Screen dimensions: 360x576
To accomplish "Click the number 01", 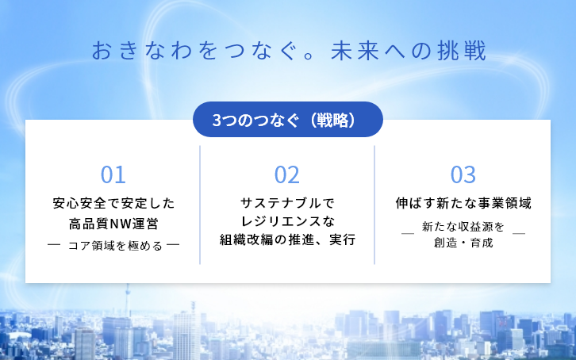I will pyautogui.click(x=113, y=174).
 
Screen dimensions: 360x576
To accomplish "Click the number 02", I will pyautogui.click(x=286, y=174).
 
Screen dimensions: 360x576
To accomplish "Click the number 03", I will pyautogui.click(x=463, y=174).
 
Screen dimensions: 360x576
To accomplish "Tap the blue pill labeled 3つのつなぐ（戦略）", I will pyautogui.click(x=288, y=120).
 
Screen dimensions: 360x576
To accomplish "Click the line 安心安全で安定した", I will pyautogui.click(x=113, y=203).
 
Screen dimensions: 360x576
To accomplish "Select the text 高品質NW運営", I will pyautogui.click(x=113, y=223).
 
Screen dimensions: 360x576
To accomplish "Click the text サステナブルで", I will pyautogui.click(x=287, y=203).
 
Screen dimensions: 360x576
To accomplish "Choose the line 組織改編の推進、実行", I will pyautogui.click(x=287, y=239).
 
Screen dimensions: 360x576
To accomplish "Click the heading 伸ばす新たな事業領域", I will pyautogui.click(x=463, y=203).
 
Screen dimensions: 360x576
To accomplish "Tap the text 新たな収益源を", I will pyautogui.click(x=463, y=228).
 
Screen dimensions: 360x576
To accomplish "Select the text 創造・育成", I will pyautogui.click(x=463, y=243).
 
